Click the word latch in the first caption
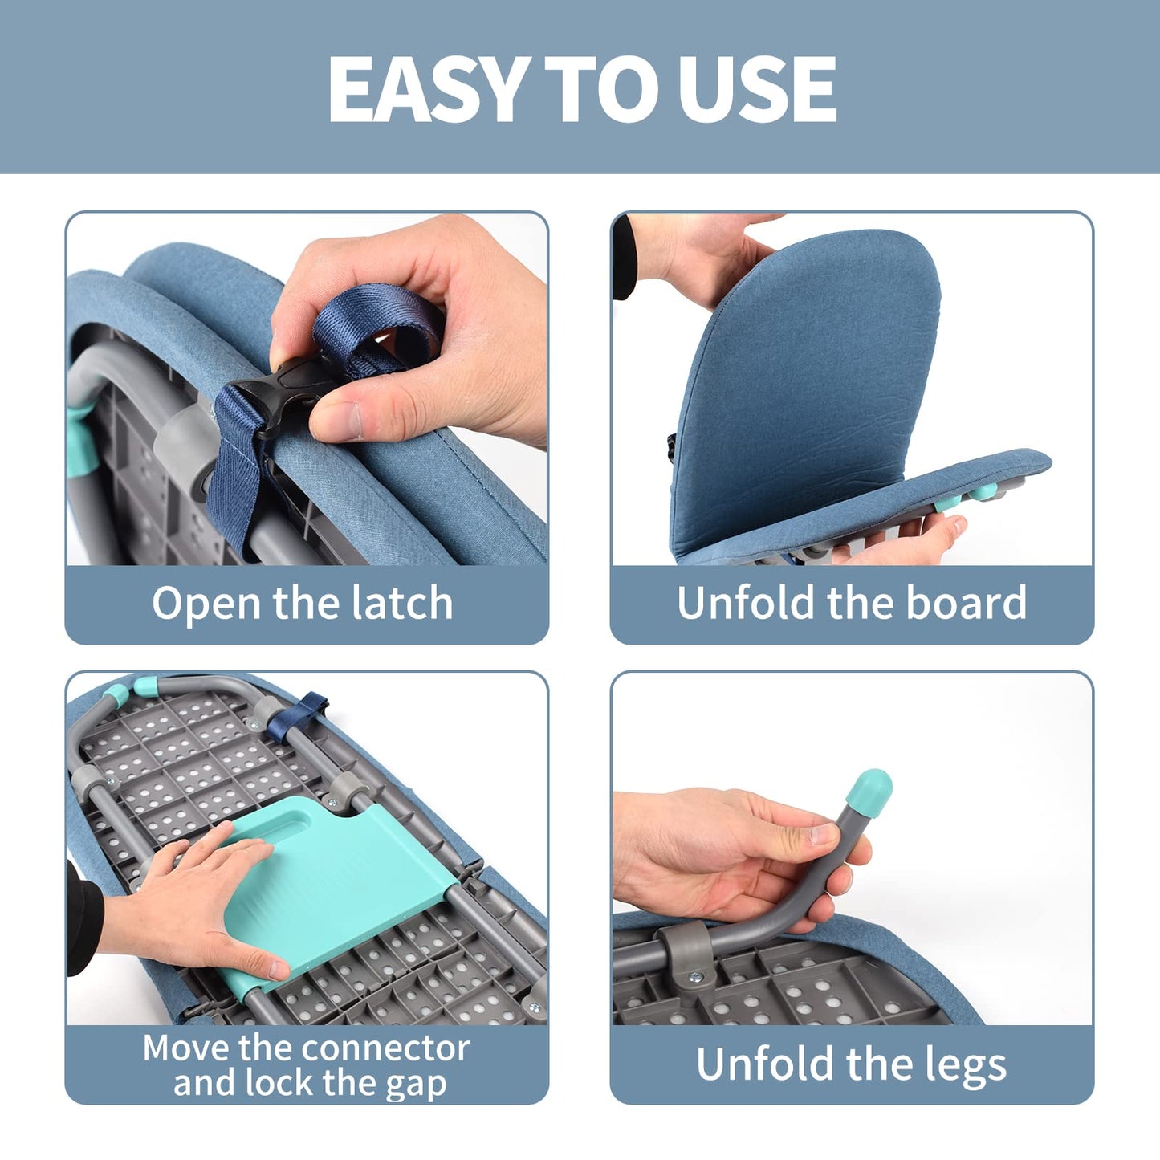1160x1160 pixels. pos(405,604)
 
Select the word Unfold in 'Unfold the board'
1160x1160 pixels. pos(746,603)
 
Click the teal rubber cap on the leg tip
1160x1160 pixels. pos(869,788)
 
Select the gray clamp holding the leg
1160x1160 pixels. pos(683,950)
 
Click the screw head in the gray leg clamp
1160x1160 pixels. pos(695,977)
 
